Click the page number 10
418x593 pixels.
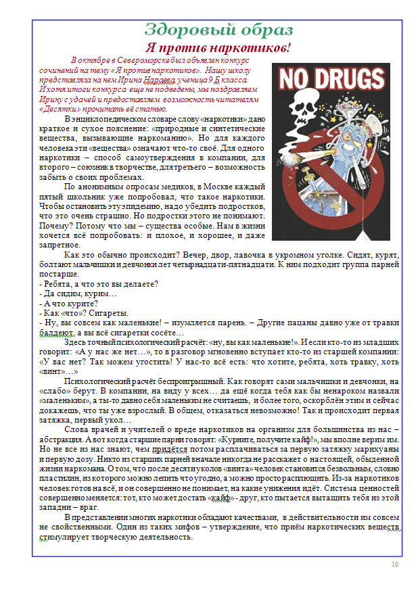(x=395, y=564)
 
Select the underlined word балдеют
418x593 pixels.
(x=55, y=333)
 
